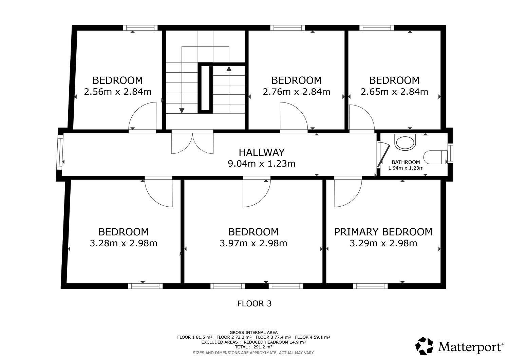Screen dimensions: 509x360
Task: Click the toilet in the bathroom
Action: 435,157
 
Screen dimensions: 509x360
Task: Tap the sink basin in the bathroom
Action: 405,142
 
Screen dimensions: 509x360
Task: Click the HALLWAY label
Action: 262,152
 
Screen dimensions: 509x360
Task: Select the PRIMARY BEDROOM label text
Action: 383,232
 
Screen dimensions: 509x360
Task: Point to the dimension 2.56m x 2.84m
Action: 117,92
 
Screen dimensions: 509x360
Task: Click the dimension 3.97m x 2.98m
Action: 253,243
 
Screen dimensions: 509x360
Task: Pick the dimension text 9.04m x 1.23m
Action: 262,164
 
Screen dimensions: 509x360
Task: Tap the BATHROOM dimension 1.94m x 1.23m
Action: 406,168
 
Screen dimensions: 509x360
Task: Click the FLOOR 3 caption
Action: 254,304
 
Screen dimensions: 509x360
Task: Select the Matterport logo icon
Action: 424,346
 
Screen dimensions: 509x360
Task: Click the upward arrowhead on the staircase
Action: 229,69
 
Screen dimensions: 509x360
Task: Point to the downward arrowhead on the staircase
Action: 182,111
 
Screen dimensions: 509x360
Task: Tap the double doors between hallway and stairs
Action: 192,142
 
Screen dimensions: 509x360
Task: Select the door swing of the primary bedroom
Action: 348,192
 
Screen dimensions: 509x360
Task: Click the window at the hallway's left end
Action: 59,152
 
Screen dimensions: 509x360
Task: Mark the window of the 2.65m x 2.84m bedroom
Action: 377,28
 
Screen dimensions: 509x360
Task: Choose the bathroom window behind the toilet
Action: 450,153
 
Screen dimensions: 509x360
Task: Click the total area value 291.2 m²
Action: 261,347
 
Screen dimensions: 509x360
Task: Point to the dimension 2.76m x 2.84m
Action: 296,92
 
